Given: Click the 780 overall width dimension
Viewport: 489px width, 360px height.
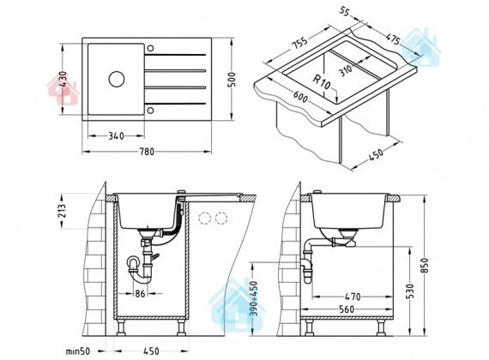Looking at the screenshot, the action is (147, 152).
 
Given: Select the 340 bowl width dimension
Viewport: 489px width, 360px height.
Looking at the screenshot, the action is (116, 136).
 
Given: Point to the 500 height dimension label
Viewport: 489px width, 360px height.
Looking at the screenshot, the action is (232, 80).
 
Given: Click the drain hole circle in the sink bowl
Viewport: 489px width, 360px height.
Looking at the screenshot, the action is (117, 79).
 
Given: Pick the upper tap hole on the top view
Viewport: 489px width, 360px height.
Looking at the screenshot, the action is (150, 49).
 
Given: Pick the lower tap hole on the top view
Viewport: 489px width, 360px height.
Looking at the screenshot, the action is (150, 111).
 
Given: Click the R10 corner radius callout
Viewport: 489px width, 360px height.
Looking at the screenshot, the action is (322, 81).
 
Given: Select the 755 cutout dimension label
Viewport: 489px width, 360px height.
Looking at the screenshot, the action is (299, 43).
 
